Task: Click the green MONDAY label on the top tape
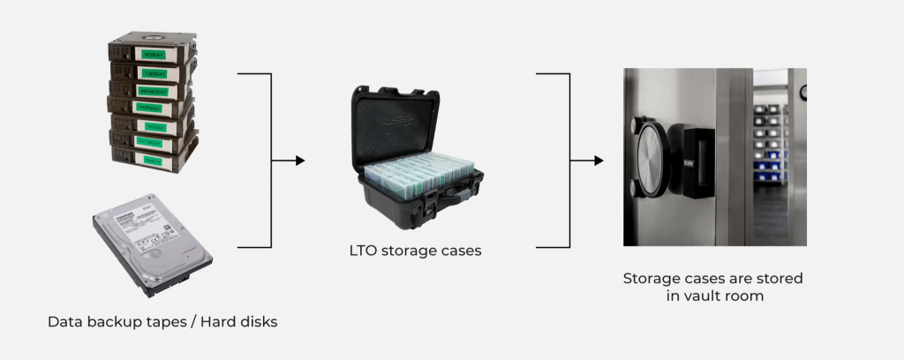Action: pos(153,55)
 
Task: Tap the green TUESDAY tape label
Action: pos(153,73)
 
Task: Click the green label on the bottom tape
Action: pos(155,160)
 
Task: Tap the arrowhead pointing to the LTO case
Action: pos(299,161)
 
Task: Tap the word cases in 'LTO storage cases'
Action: pos(460,251)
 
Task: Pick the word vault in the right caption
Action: pos(704,296)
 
